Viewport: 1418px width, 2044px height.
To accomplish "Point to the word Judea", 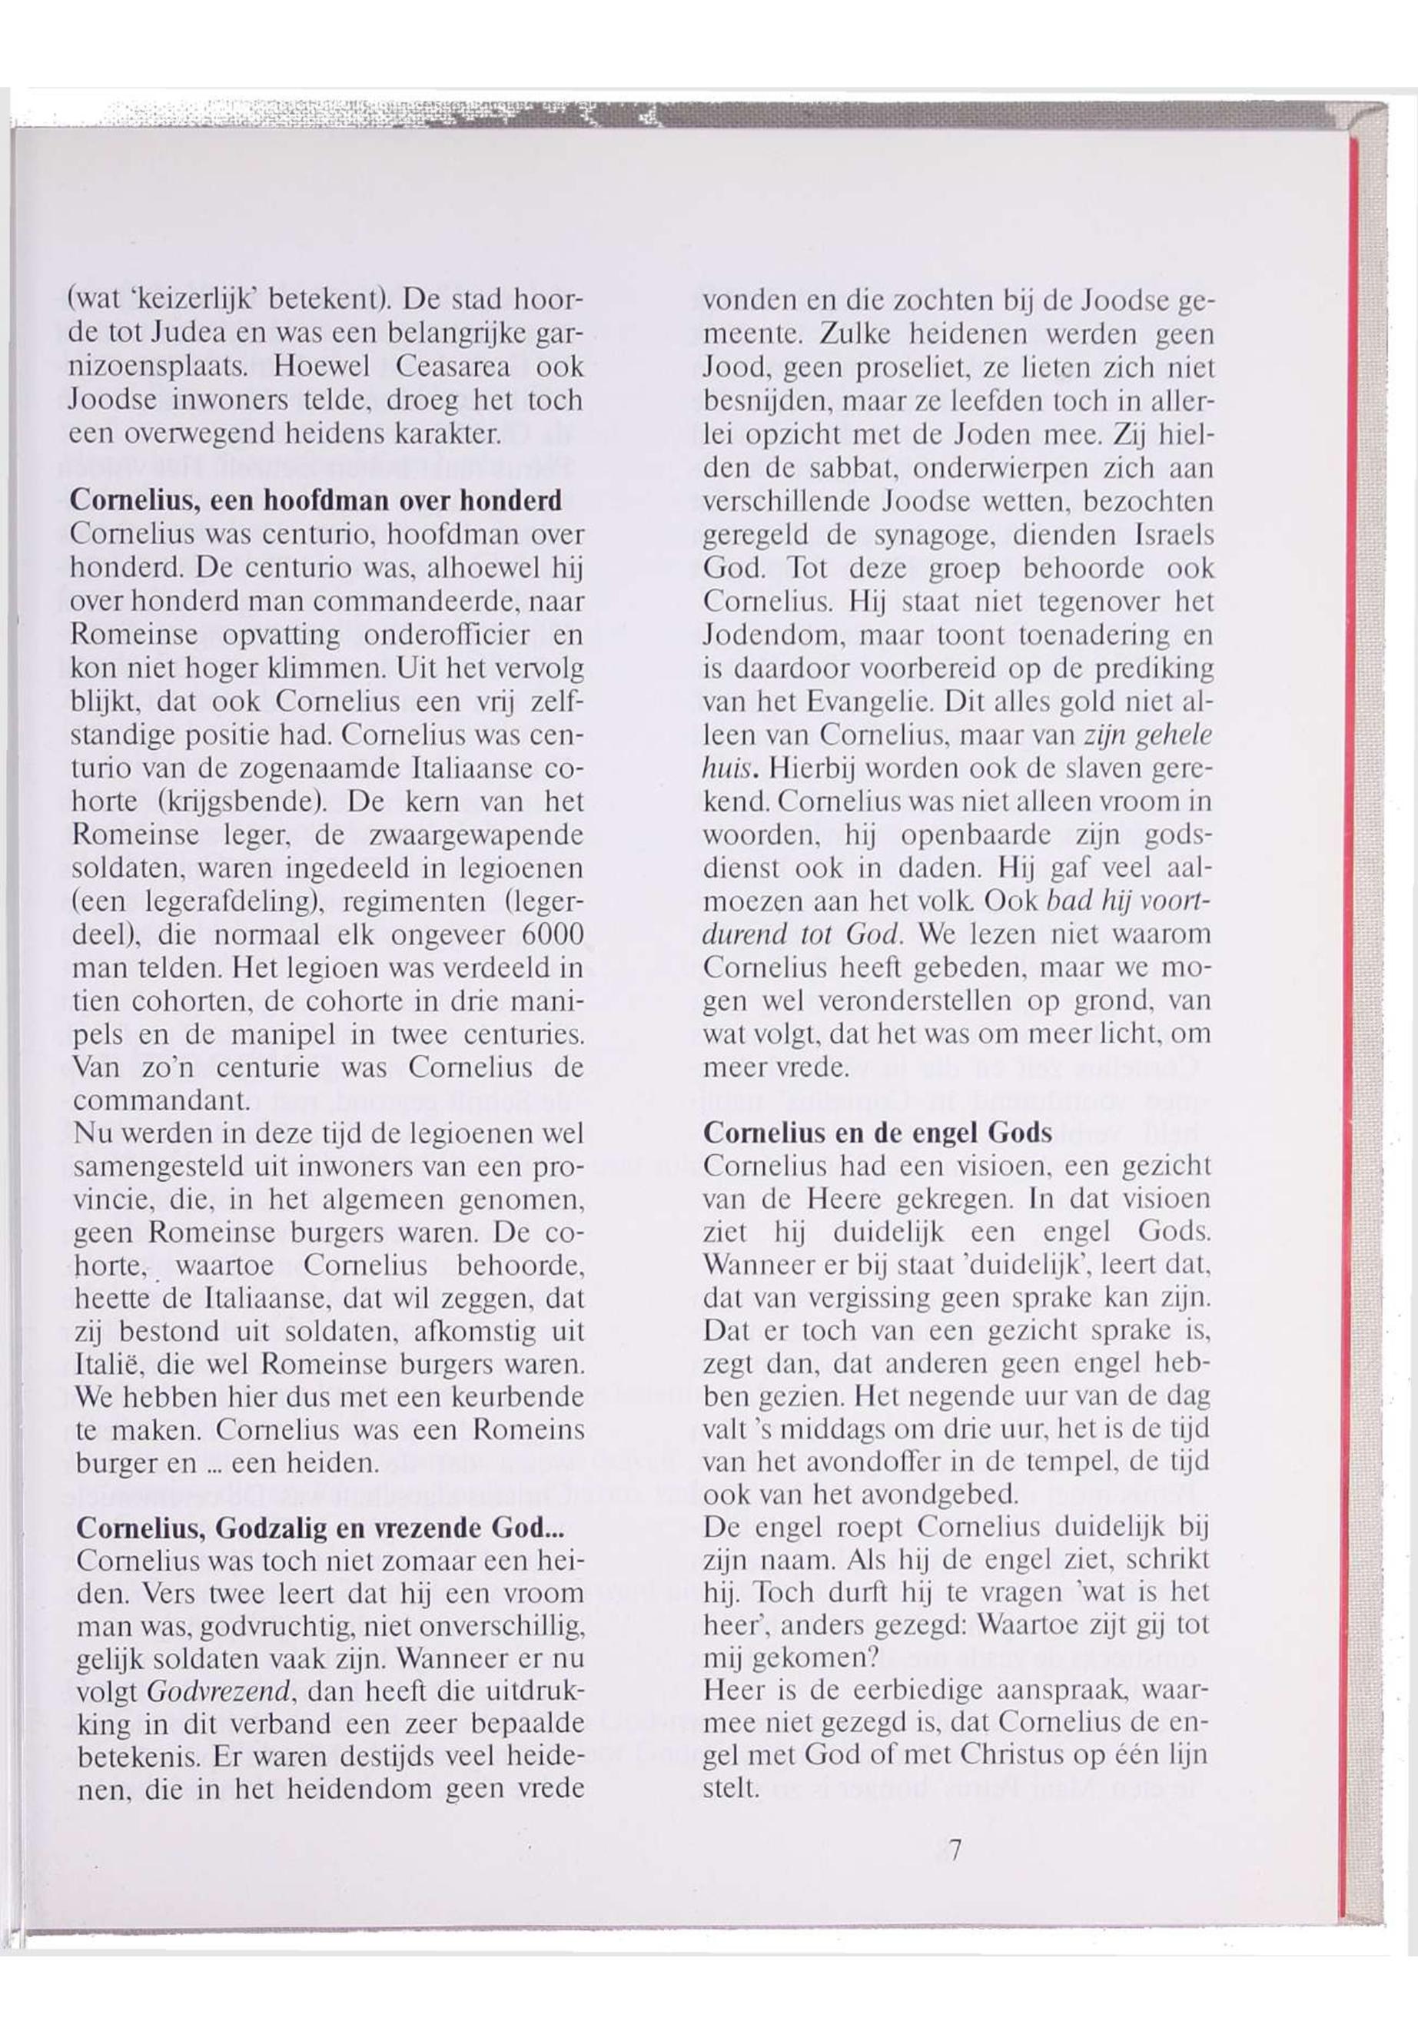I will tap(188, 333).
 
